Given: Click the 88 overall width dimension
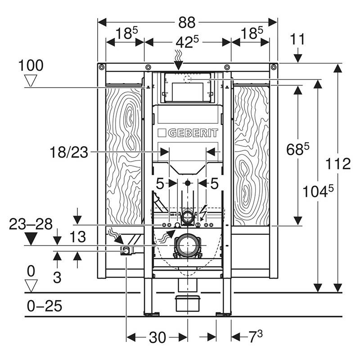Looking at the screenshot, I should point(186,22).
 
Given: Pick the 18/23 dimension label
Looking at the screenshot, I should point(69,153).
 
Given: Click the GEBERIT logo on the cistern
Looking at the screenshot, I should point(188,133).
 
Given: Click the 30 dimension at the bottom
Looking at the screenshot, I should point(157,337).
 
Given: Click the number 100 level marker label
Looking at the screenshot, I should point(31,66).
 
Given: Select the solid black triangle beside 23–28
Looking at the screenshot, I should point(31,239).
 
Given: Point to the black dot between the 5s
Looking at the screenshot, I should point(188,183).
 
